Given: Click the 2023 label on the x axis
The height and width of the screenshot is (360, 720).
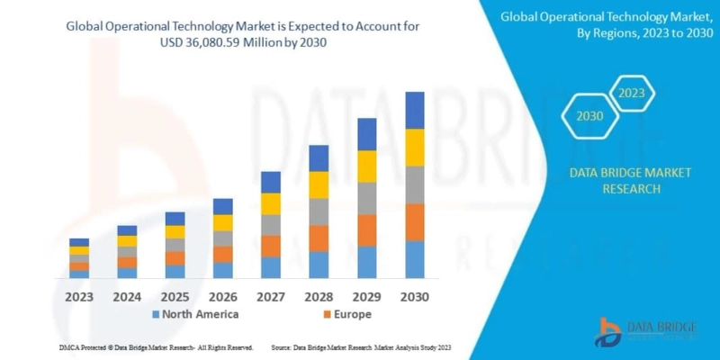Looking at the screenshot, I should [79, 296].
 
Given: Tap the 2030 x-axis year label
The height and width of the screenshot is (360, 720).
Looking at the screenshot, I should [414, 296].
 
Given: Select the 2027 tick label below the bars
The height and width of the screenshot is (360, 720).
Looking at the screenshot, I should [271, 296].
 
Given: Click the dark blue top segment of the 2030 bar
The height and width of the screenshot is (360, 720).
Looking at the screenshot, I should [414, 110].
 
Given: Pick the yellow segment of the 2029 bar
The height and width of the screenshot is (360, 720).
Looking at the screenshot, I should [366, 166].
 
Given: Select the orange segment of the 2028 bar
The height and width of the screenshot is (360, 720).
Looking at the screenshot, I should [319, 238].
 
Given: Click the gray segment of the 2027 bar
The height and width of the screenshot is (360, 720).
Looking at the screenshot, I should [271, 225].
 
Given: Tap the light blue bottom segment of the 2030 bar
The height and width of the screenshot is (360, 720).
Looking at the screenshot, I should [414, 259].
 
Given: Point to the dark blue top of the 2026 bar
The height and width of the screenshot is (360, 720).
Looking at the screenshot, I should [223, 206].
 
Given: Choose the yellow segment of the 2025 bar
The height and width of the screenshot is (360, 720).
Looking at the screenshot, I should [175, 231].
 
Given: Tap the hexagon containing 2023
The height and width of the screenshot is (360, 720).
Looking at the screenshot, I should [632, 93].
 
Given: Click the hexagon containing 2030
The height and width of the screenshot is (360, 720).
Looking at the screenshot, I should [589, 116].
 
